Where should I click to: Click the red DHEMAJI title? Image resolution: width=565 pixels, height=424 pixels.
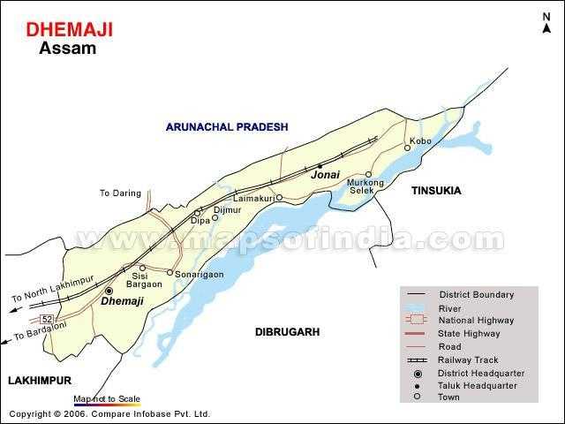click(x=69, y=30)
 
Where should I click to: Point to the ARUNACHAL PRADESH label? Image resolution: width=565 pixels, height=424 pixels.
click(x=227, y=127)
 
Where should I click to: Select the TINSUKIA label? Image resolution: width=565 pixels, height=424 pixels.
click(x=436, y=190)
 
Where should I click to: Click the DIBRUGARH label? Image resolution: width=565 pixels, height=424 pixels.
click(x=286, y=332)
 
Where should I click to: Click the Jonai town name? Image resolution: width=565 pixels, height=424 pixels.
click(x=325, y=177)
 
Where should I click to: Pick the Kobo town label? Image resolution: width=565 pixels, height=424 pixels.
click(x=420, y=141)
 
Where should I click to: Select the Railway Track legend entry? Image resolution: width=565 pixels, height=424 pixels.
click(x=468, y=360)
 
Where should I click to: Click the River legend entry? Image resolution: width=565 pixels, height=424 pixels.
click(x=449, y=307)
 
